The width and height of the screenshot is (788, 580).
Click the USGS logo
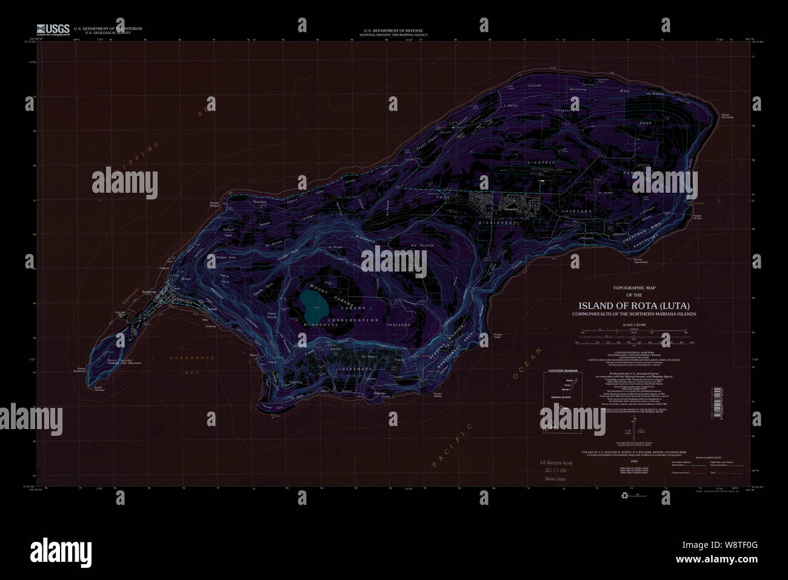coord(53,30)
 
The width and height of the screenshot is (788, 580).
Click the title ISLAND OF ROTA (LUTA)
coord(634,305)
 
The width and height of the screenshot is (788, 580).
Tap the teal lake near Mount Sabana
coord(314,306)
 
